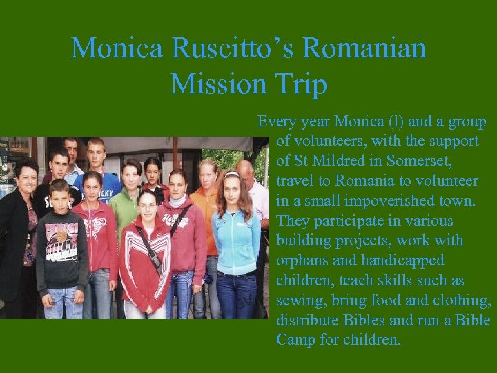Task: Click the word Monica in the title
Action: click(x=117, y=48)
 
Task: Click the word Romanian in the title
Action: click(x=364, y=48)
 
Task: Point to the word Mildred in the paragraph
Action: click(x=337, y=161)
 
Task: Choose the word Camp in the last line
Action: click(x=296, y=341)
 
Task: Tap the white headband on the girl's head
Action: click(x=231, y=175)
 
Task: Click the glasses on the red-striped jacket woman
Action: click(x=147, y=205)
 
